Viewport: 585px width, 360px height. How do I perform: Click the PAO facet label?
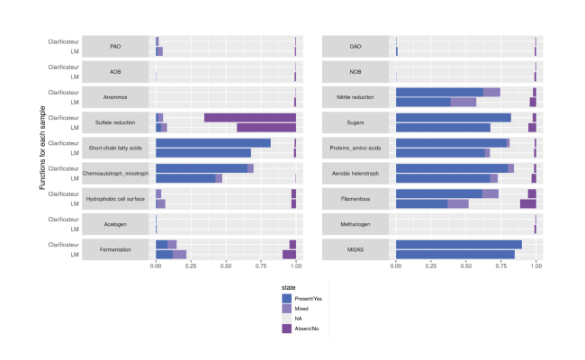coord(115,46)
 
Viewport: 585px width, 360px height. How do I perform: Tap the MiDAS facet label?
coord(355,248)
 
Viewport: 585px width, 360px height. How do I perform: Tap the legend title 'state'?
coord(289,287)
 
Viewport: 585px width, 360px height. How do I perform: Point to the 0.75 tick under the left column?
coord(261,266)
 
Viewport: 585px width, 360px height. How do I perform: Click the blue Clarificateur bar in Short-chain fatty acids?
coord(212,142)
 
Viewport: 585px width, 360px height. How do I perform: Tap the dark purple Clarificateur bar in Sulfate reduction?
coord(250,117)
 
